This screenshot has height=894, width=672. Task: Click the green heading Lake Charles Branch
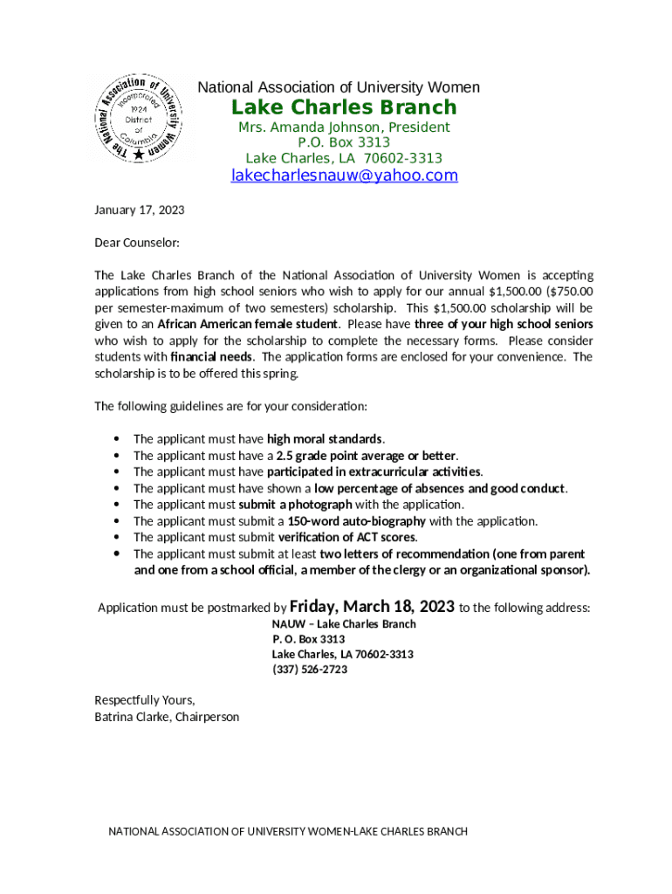point(343,107)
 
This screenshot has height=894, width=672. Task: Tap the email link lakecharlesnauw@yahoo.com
point(343,175)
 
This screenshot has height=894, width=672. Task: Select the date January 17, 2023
point(139,210)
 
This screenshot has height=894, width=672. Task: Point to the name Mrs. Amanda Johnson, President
point(344,127)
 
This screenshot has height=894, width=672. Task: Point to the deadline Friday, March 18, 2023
point(372,607)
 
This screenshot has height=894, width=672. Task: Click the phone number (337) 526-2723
point(310,670)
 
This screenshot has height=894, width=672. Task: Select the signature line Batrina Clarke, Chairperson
point(166,717)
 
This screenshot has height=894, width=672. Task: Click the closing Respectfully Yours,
point(144,700)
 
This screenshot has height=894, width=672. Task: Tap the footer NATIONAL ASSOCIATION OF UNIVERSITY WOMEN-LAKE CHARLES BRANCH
point(287,831)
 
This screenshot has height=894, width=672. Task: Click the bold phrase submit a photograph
point(295,505)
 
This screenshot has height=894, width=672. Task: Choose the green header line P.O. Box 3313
point(344,142)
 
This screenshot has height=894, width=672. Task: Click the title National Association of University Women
point(339,87)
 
